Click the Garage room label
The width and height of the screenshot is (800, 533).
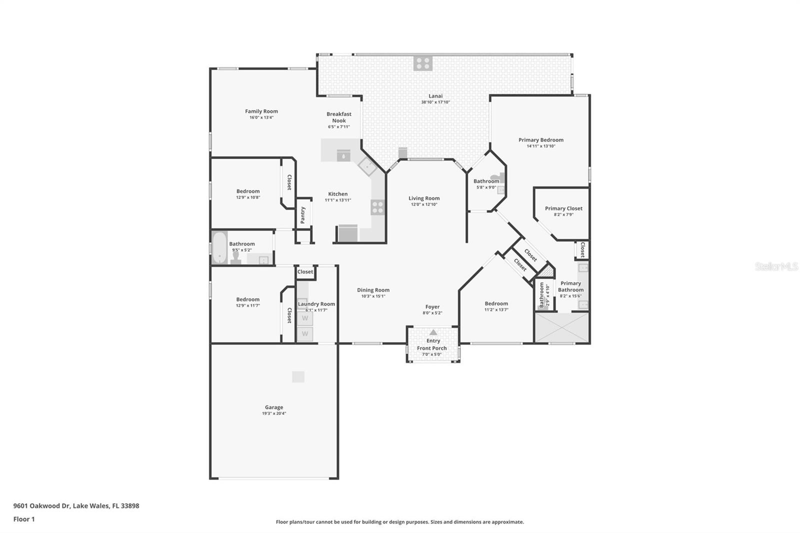tap(273, 407)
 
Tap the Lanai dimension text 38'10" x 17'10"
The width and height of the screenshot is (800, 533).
tap(435, 102)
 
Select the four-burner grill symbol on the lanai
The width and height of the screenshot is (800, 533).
tap(422, 63)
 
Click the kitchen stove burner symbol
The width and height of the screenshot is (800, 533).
tap(377, 207)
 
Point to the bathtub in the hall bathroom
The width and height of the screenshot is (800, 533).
tap(219, 247)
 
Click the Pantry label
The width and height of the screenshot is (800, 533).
tap(302, 215)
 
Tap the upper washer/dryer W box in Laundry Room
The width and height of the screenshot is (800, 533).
tap(304, 318)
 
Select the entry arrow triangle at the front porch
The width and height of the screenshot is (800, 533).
tap(433, 332)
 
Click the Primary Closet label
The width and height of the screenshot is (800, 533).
tap(563, 208)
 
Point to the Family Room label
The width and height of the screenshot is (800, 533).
tap(261, 111)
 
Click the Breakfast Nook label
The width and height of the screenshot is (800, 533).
tap(339, 117)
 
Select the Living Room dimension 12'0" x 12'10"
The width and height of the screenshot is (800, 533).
tap(424, 204)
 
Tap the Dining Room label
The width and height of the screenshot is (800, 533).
tap(373, 290)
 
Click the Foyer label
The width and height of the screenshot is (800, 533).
tap(432, 307)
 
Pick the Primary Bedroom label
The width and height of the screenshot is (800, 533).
tap(540, 140)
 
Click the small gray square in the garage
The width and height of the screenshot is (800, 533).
tap(298, 376)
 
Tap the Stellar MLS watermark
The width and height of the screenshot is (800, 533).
tap(776, 266)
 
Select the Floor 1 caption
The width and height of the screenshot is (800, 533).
tap(24, 519)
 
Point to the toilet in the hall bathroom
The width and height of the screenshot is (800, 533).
tap(236, 257)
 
